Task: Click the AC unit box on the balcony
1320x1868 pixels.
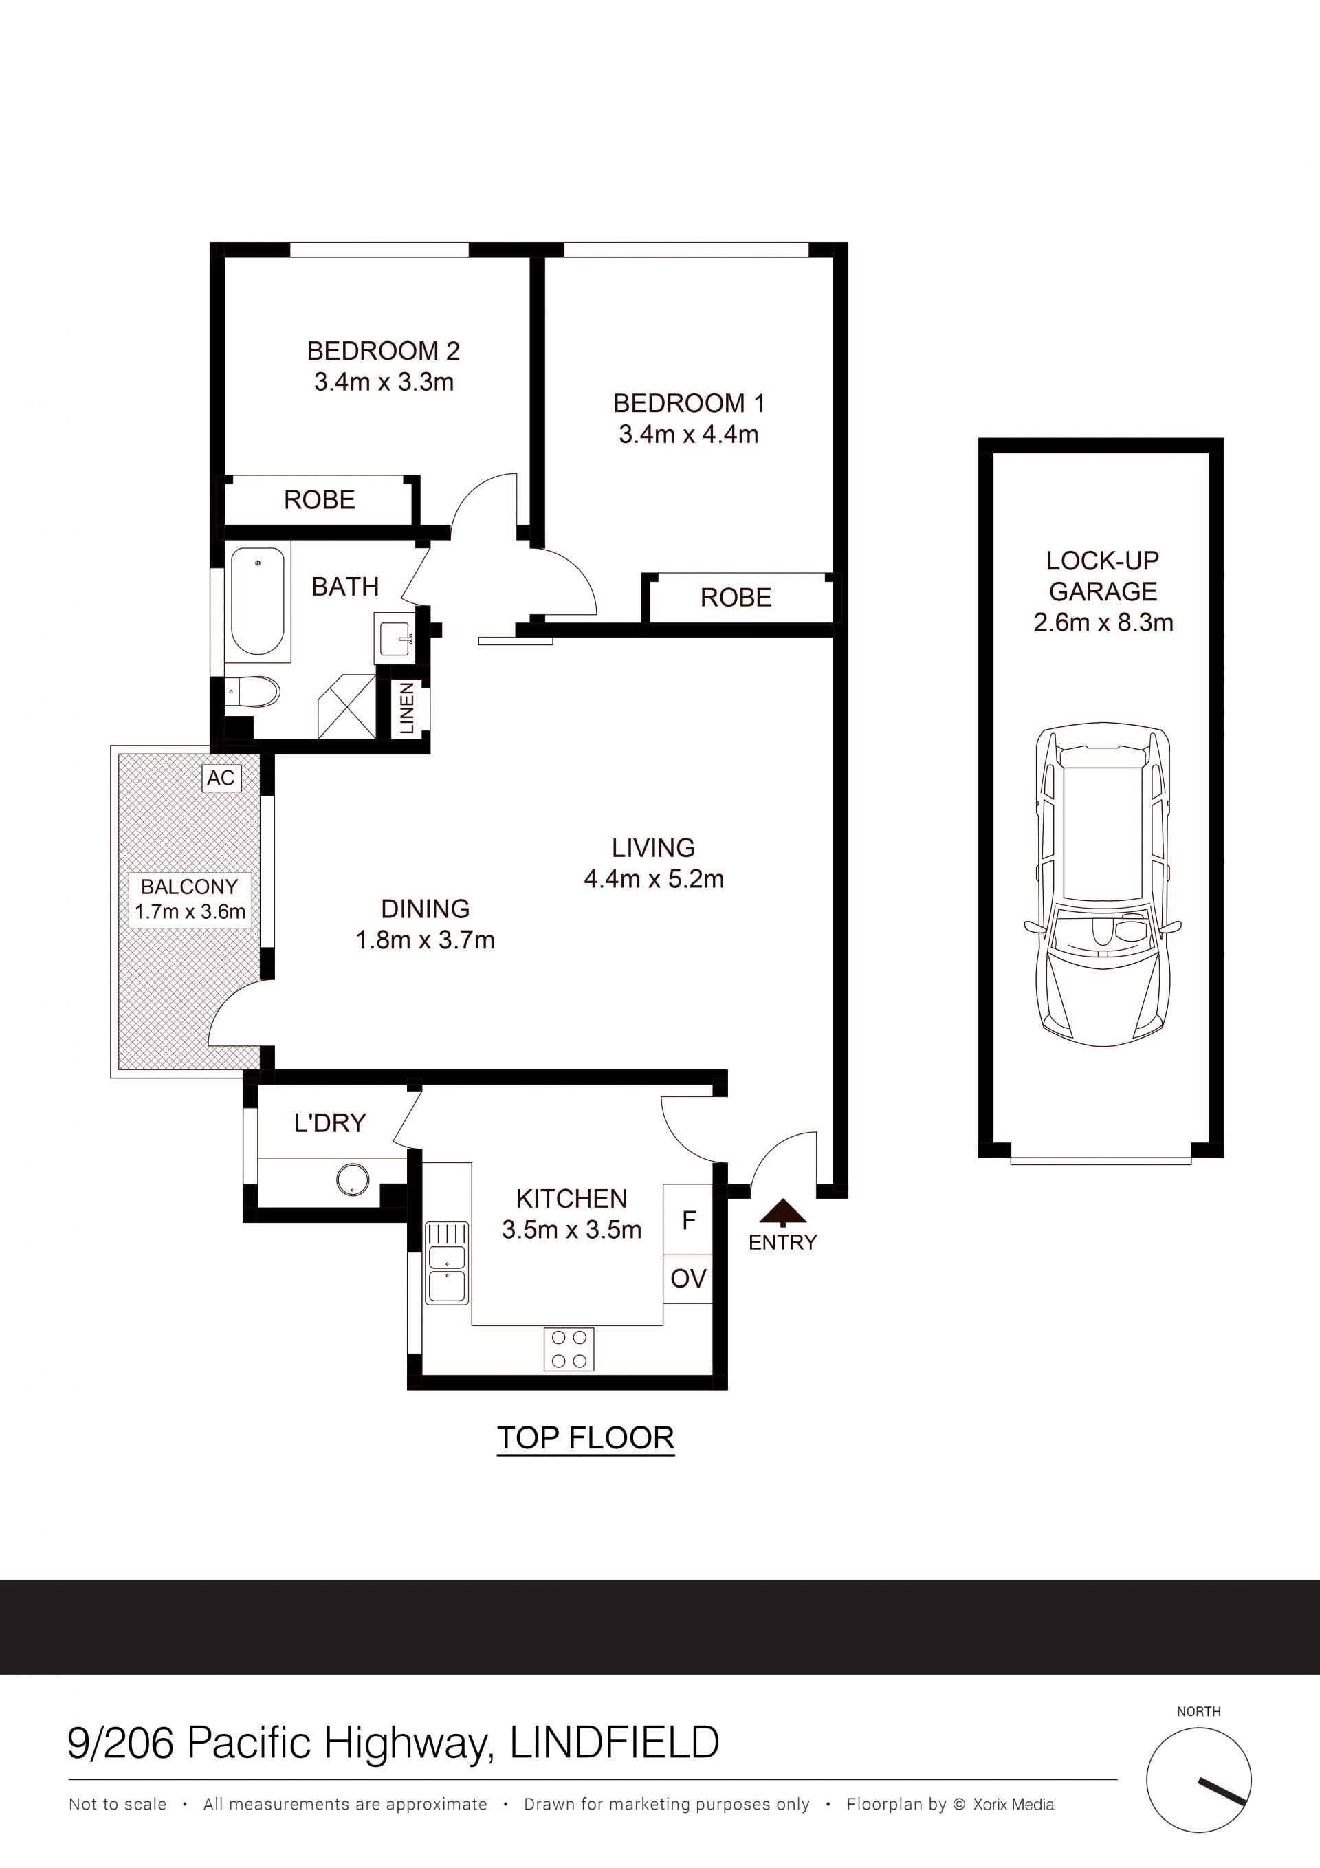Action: point(221,778)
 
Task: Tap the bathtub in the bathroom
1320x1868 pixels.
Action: point(258,601)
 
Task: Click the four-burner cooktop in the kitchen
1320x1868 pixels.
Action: point(569,1349)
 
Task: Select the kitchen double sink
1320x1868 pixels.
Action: point(446,1263)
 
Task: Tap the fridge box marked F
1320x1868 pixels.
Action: point(688,1220)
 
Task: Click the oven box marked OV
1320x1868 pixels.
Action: point(688,1280)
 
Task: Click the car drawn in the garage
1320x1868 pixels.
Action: point(1102,884)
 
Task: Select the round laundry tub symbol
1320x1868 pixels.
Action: point(352,1179)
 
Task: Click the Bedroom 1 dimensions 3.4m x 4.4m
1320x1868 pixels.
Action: point(689,435)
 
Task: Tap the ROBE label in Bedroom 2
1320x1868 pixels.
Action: point(320,499)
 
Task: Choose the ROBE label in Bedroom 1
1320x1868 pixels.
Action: point(736,598)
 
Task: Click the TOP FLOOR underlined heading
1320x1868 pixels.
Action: point(586,1437)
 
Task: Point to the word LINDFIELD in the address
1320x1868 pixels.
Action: point(615,1744)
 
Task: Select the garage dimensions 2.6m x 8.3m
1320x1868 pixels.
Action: point(1103,623)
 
